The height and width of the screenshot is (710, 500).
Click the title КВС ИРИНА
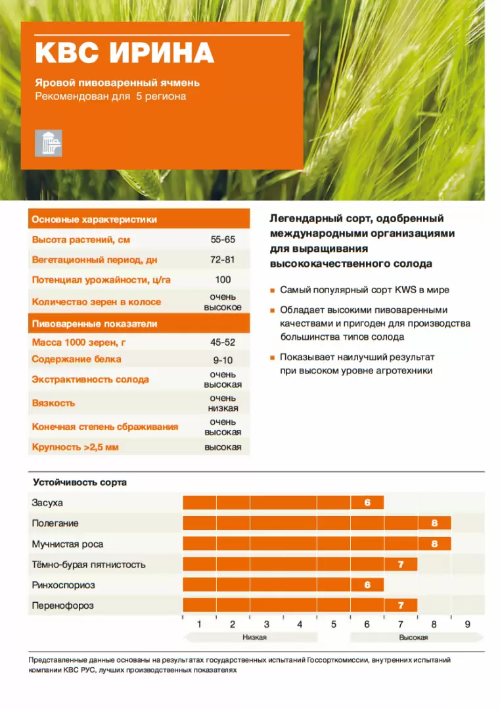124,53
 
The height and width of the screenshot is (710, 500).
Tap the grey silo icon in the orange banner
49,143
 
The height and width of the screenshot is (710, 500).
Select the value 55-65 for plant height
222,240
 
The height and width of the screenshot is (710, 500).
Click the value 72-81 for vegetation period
222,260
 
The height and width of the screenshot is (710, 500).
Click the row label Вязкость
54,403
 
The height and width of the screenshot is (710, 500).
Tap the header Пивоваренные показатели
95,324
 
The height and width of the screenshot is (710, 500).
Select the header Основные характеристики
95,220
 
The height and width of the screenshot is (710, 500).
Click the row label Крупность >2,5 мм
76,448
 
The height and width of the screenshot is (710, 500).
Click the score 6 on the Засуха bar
367,503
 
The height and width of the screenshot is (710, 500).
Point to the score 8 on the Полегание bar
434,523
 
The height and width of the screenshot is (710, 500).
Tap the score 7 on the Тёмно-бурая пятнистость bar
401,564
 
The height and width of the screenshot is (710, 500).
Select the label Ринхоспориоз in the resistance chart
64,584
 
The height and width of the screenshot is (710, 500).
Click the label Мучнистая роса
68,544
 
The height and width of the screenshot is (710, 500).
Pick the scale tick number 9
468,625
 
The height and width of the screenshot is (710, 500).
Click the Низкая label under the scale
254,638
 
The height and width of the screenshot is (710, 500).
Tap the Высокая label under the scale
413,638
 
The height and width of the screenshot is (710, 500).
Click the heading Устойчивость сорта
80,483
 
